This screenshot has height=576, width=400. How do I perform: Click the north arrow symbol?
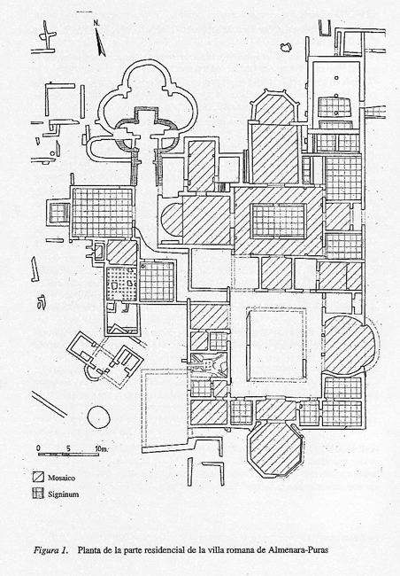point(101,43)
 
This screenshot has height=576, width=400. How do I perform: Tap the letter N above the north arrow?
point(96,22)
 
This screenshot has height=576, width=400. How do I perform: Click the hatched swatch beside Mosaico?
point(38,477)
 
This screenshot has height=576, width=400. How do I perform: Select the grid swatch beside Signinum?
point(38,493)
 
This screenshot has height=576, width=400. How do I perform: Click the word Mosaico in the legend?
point(61,478)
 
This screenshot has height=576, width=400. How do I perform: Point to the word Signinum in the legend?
point(63,494)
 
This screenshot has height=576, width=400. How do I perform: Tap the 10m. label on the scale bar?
point(102,448)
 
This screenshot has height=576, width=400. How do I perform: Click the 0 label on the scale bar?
point(39,448)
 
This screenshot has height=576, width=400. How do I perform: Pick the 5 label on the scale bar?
point(68,448)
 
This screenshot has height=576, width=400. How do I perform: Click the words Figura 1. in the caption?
point(51,550)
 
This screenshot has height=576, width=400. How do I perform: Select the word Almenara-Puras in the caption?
point(298,550)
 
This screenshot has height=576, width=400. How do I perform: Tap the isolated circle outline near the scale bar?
point(99,417)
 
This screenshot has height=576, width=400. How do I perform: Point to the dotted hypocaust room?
point(121,284)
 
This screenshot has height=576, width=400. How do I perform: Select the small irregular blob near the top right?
point(286,47)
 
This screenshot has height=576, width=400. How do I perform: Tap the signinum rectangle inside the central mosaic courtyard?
point(279,221)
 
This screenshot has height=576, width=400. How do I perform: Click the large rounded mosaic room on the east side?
point(349,346)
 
